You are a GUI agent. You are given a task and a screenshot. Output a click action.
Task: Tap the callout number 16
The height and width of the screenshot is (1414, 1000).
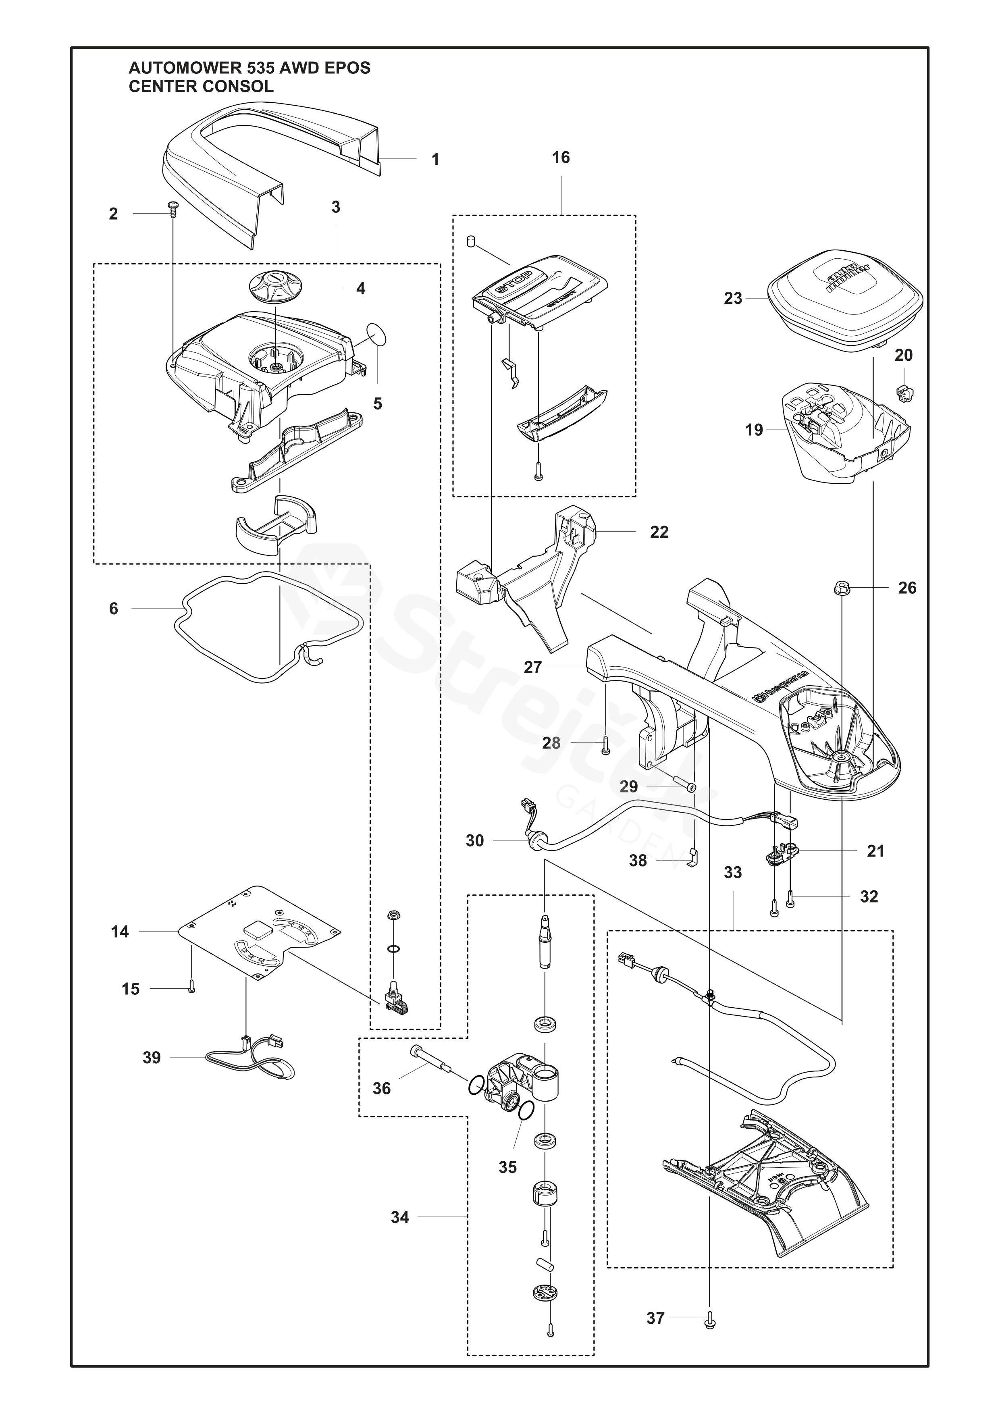pos(560,158)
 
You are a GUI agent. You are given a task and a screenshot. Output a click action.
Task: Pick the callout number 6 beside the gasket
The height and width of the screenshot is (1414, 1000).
pos(113,609)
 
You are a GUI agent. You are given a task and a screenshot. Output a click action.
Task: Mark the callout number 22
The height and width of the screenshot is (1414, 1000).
pos(659,532)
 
